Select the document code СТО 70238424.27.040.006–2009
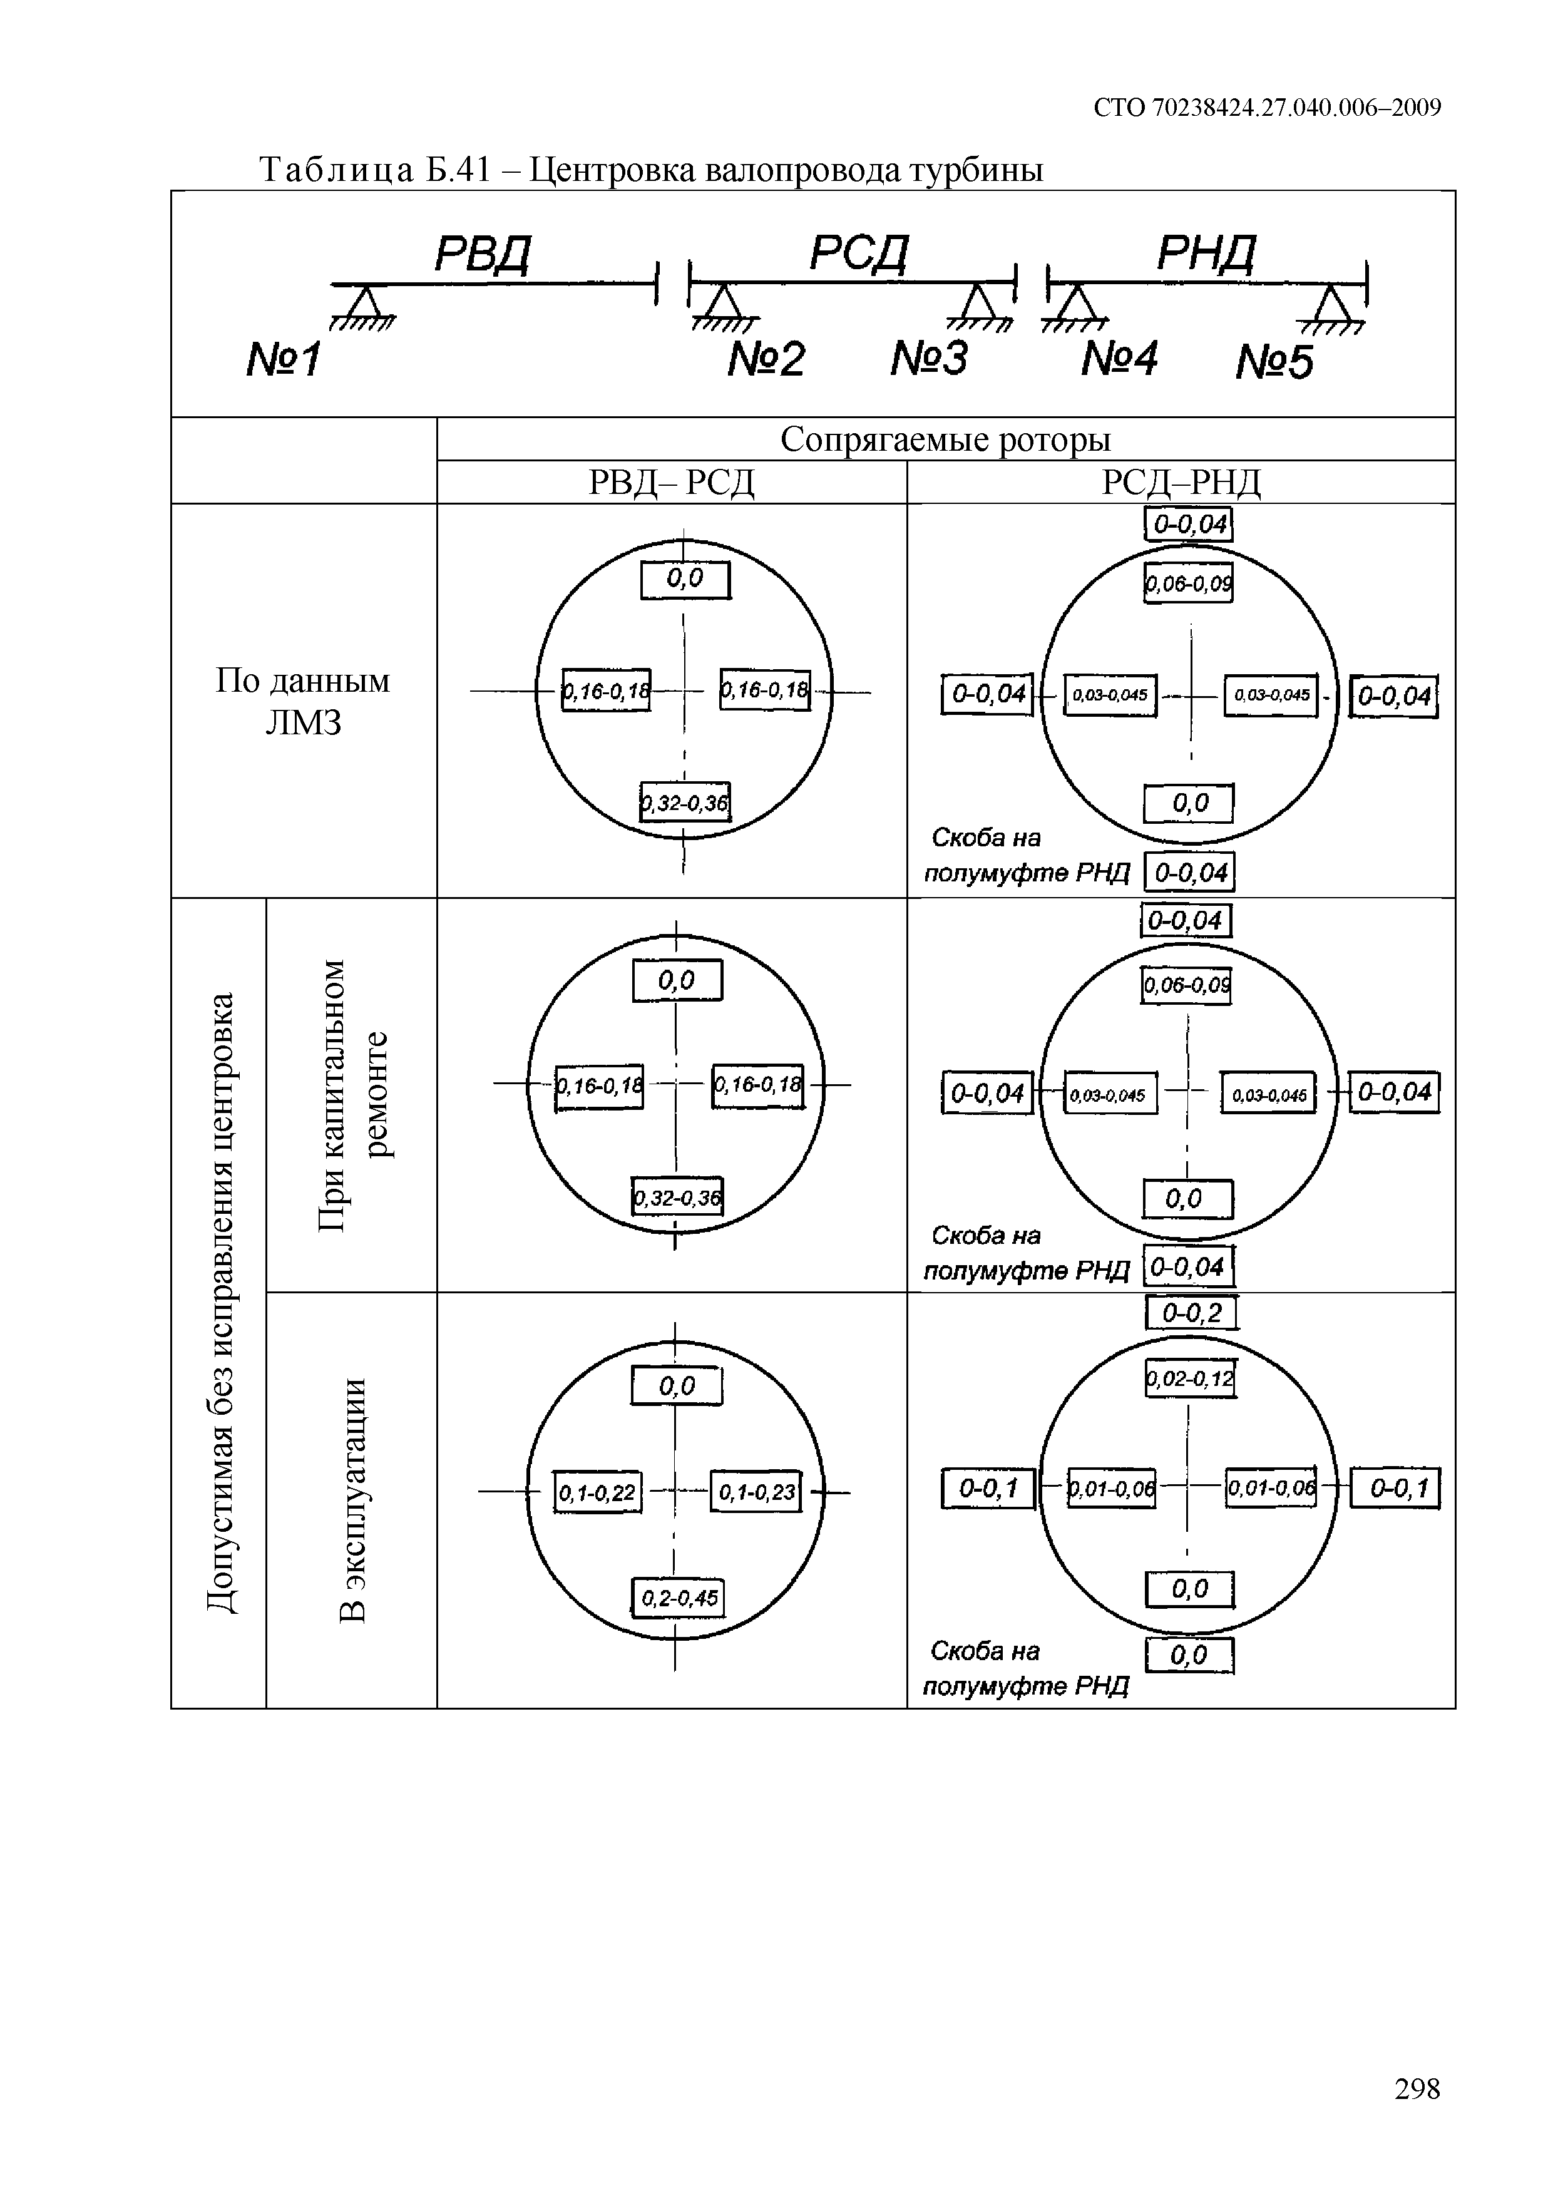pos(1267,108)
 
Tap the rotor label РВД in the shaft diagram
pos(482,254)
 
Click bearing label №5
pos(1274,362)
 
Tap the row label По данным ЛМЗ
pos(303,701)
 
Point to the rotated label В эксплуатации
pos(353,1500)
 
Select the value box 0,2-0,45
pos(679,1598)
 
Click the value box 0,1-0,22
pos(598,1493)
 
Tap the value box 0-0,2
pos(1192,1313)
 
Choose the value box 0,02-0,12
pos(1191,1379)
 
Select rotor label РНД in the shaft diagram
pos(1206,254)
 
